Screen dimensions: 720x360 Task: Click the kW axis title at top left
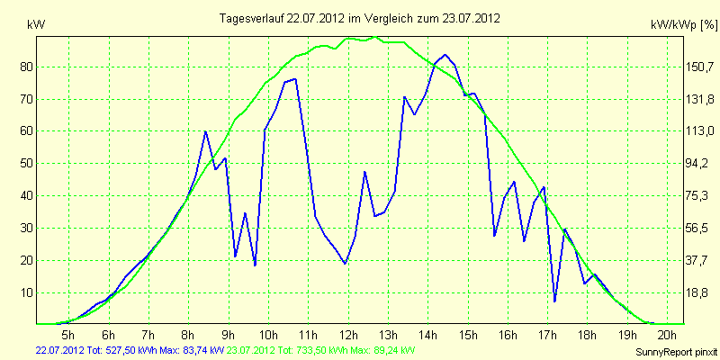coord(36,25)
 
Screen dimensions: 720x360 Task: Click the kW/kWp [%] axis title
coord(684,25)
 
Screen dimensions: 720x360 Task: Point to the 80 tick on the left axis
coord(22,67)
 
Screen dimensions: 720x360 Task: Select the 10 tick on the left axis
coord(22,293)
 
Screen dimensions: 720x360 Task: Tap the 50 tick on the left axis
coord(22,164)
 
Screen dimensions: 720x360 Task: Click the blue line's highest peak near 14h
coord(445,55)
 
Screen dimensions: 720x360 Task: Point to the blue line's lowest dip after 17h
coord(554,301)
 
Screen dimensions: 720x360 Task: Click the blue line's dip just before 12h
coord(345,264)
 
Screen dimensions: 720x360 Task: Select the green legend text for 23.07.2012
coord(318,350)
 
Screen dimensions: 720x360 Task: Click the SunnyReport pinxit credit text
coord(676,352)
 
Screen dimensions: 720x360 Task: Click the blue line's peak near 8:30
coord(205,131)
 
